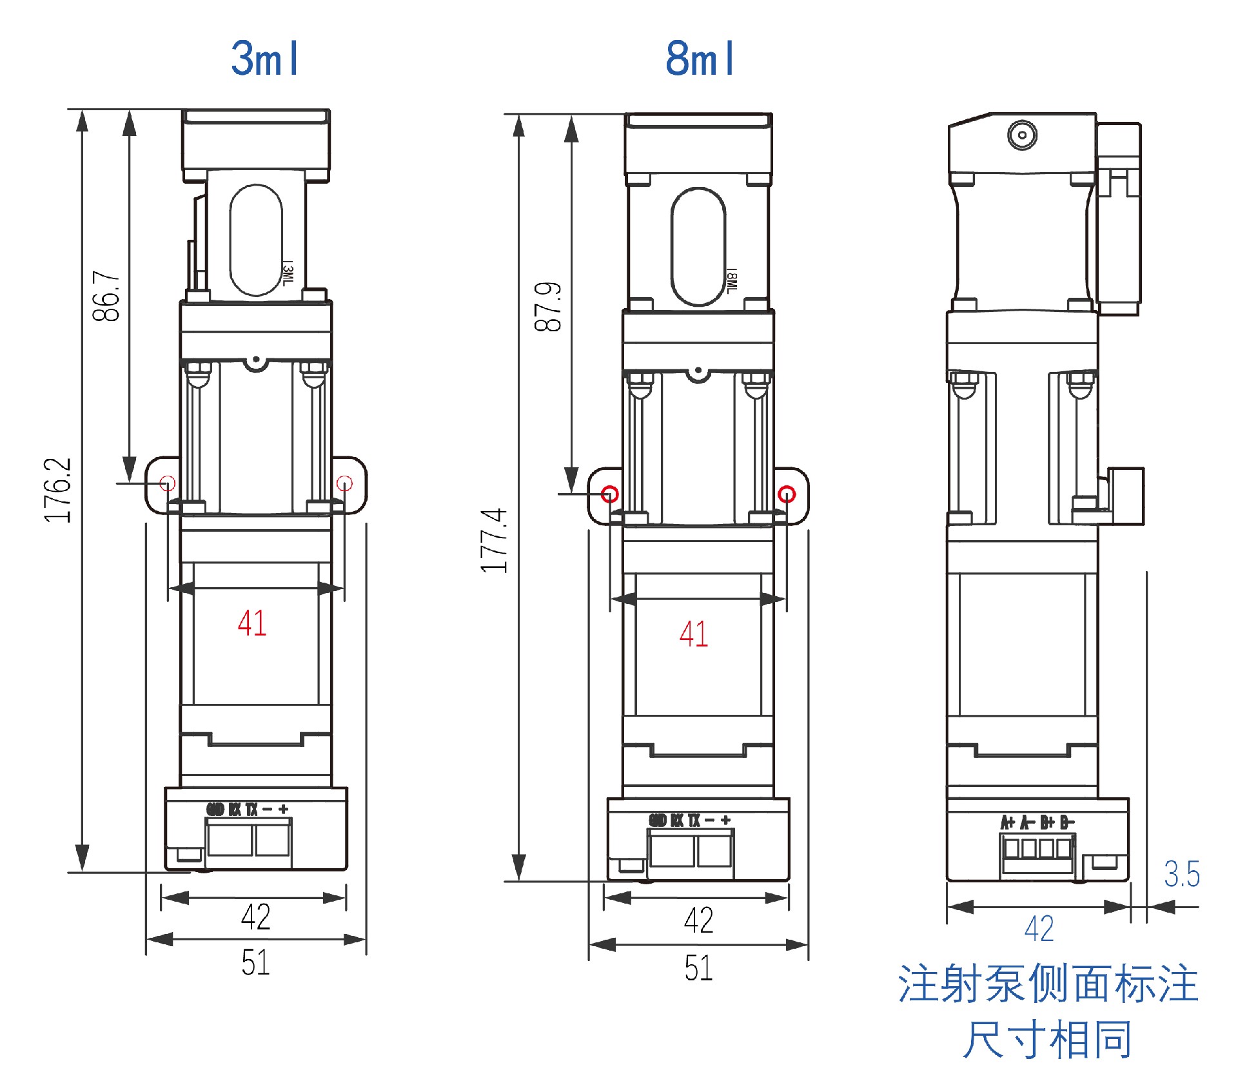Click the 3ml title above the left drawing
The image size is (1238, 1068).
[265, 59]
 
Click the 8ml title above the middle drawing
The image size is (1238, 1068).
[700, 59]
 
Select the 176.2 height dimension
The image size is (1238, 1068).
[58, 490]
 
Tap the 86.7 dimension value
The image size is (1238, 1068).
[106, 296]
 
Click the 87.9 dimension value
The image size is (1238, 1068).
[548, 307]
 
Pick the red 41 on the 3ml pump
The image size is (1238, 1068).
[252, 623]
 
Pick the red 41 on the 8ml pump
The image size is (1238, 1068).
[694, 634]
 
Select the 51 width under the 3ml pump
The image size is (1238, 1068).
[255, 963]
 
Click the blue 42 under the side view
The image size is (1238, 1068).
[1039, 929]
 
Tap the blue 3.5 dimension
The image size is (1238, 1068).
[1182, 875]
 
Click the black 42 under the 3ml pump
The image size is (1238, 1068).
[255, 917]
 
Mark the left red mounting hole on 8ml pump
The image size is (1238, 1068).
[610, 494]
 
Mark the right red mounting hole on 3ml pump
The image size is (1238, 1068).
[344, 483]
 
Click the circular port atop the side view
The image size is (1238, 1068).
[1022, 135]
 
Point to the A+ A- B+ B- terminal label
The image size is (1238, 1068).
[1037, 822]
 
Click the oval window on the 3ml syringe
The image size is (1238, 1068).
[256, 240]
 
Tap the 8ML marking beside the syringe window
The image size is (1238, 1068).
[731, 281]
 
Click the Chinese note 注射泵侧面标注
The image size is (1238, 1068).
[1048, 984]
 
